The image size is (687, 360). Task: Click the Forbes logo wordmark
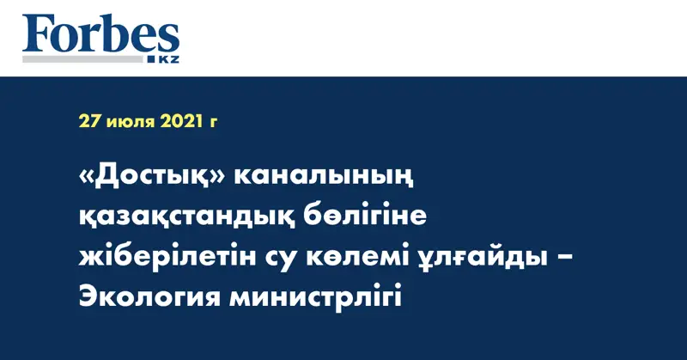[x=100, y=35]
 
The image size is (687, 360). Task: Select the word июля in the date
[x=131, y=122]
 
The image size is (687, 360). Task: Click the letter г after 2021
[x=212, y=123]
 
